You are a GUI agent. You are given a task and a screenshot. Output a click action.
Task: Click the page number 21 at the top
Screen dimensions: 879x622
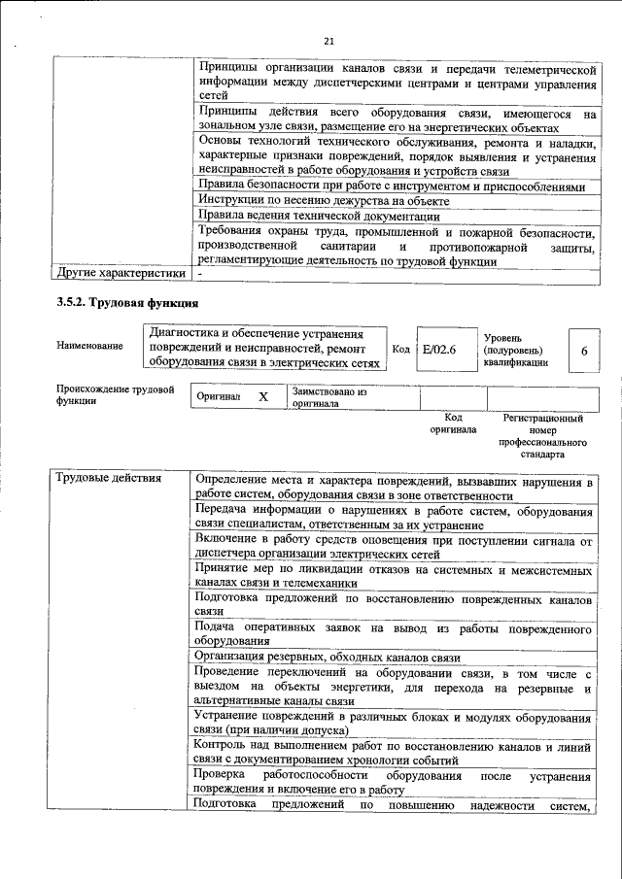pos(328,42)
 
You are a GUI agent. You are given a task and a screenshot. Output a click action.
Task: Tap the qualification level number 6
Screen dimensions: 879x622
pos(583,351)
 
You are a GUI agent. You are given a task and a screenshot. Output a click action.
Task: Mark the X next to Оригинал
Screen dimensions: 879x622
pos(262,397)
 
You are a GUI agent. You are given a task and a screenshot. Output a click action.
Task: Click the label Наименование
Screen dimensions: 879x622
pos(89,345)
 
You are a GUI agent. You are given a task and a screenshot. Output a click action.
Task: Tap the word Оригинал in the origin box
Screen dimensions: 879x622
pos(218,398)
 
